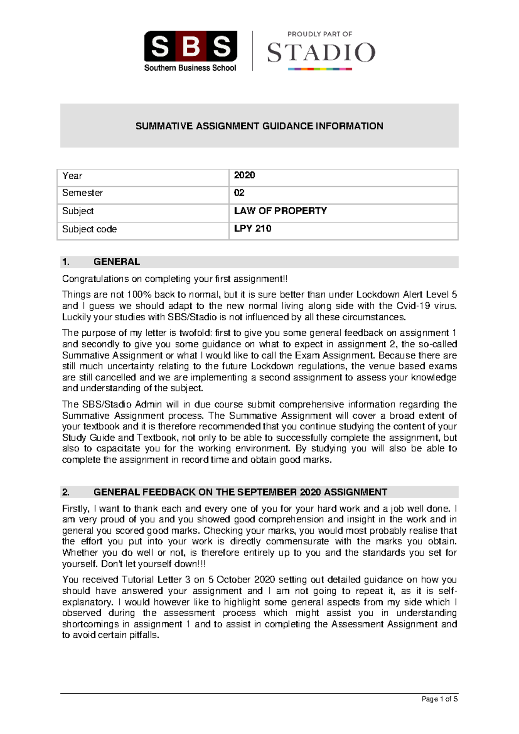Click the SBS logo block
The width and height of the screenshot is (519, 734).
[190, 46]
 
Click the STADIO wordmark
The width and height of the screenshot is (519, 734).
[321, 53]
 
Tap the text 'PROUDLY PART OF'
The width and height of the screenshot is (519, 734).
[320, 34]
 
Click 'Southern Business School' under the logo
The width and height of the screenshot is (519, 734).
[190, 68]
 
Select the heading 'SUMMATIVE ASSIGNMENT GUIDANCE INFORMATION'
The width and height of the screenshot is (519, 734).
[259, 126]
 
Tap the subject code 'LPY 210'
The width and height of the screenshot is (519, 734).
[253, 229]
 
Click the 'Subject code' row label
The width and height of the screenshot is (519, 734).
[90, 229]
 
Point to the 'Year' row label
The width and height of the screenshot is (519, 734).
[72, 176]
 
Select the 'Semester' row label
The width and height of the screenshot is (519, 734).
[83, 193]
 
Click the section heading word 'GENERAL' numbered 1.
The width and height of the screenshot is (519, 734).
[117, 262]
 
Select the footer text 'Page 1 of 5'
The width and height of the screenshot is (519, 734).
[439, 699]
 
